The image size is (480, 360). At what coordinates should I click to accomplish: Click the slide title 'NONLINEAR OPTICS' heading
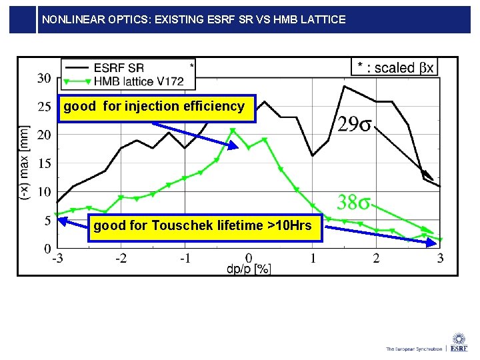(193, 20)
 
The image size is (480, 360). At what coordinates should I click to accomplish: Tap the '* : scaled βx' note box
(395, 67)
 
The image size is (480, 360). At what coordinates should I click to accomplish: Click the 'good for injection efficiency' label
(154, 107)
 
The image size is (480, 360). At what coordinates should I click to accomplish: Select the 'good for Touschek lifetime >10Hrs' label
(202, 226)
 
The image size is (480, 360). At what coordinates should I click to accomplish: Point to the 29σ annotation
(354, 125)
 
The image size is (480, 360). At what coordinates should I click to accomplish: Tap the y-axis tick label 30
(44, 78)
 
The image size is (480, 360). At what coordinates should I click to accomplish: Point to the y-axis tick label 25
(44, 107)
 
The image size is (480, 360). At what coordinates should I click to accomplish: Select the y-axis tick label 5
(47, 221)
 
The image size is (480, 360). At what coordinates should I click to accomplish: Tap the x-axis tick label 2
(376, 258)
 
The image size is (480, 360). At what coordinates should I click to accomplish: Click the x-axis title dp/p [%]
(248, 269)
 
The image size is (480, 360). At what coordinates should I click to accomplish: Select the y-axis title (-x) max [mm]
(25, 163)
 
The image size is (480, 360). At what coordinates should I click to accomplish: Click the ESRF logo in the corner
(459, 343)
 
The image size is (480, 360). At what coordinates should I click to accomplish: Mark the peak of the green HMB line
(233, 129)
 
